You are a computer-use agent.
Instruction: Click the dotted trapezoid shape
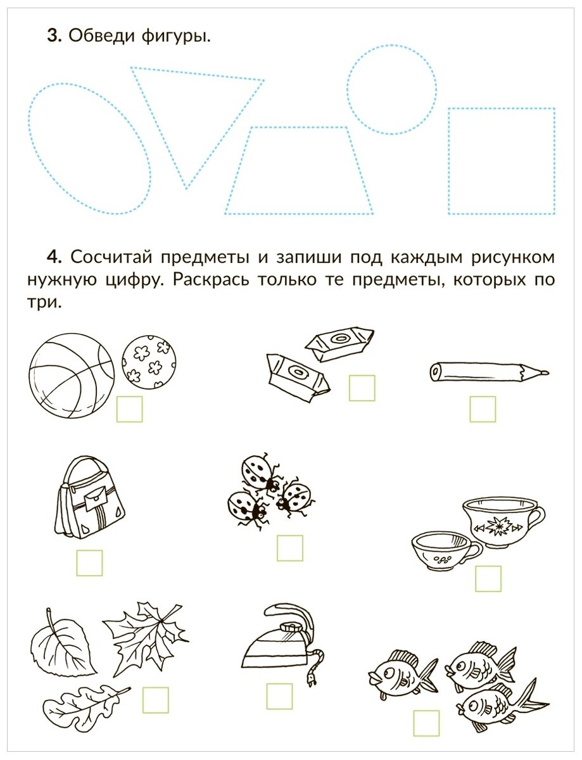(x=299, y=213)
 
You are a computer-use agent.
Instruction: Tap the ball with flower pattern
(x=149, y=362)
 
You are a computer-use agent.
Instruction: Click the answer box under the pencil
(x=483, y=409)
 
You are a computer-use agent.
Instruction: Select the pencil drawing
(x=489, y=371)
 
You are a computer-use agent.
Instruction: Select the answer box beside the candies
(x=362, y=388)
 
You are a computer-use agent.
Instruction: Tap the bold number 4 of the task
(x=54, y=257)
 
